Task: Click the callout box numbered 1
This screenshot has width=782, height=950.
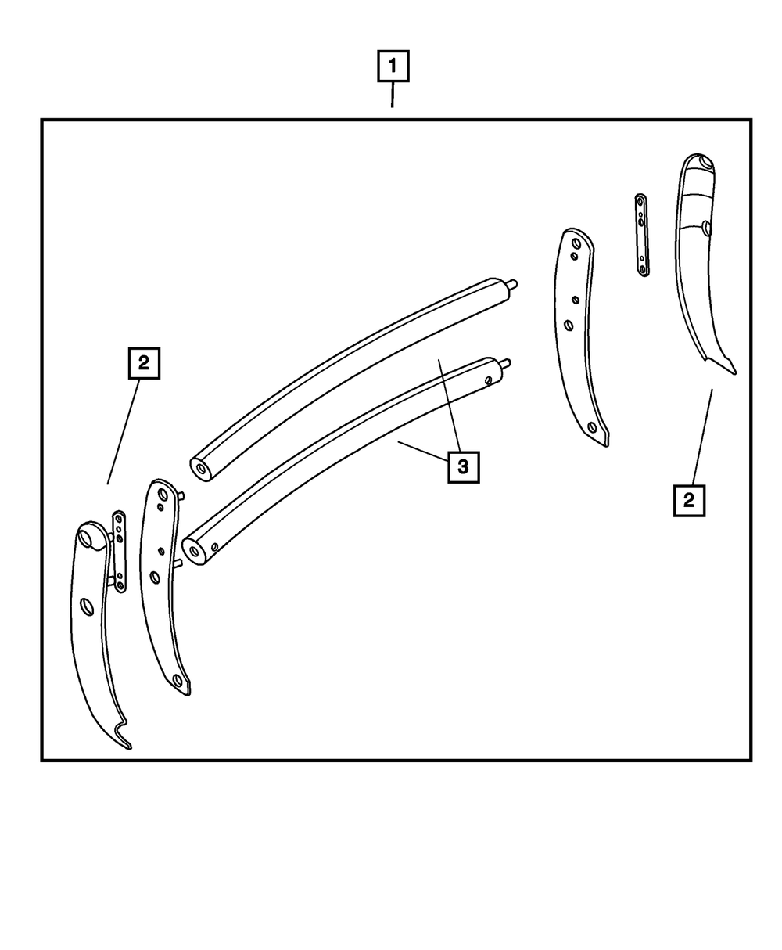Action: (393, 67)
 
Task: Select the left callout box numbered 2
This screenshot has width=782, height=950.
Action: (143, 363)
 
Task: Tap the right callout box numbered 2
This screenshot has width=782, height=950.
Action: (688, 500)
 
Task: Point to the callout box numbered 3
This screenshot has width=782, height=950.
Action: (463, 467)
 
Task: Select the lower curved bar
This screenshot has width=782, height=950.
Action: (344, 454)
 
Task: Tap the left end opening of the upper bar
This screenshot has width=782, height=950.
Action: (202, 470)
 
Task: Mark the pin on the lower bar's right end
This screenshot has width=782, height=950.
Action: (507, 362)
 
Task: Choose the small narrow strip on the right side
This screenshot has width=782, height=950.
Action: (641, 235)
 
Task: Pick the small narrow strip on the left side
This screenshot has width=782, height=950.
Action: (119, 551)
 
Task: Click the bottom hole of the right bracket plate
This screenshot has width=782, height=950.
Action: (592, 427)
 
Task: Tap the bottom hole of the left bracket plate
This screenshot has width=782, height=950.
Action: (178, 680)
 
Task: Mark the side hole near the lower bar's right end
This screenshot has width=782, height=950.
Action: (489, 381)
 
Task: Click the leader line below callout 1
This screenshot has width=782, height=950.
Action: (393, 95)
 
